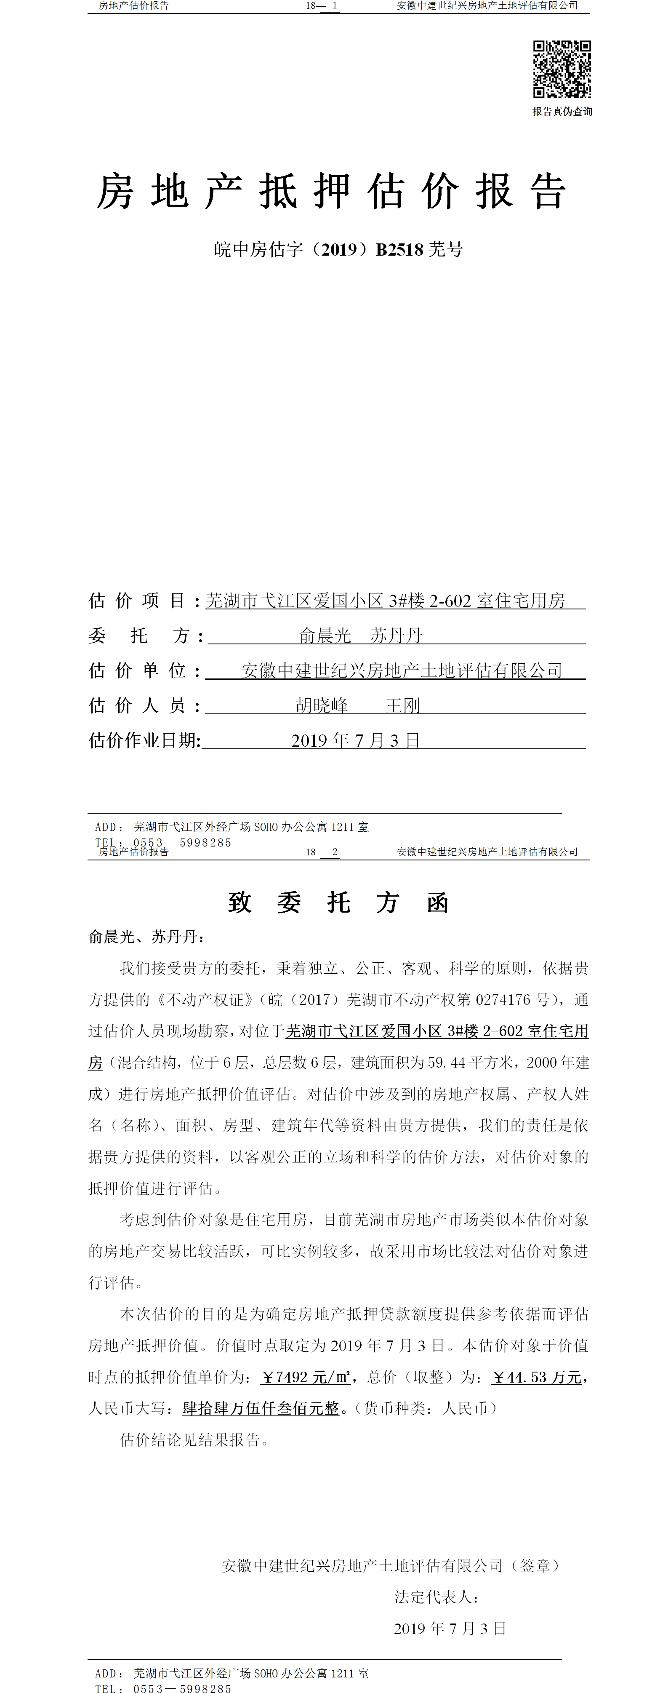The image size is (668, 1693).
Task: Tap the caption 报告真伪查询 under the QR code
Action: [x=562, y=112]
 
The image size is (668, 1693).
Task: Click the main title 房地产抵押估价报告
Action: [x=332, y=192]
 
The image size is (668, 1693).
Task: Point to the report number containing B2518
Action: [x=338, y=250]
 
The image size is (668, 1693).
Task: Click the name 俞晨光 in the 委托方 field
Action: [x=325, y=636]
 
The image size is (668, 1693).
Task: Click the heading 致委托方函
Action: [x=338, y=903]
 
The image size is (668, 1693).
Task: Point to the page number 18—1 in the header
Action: [x=322, y=6]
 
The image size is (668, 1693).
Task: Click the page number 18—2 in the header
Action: [x=322, y=852]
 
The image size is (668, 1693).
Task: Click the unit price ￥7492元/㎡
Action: [x=306, y=1377]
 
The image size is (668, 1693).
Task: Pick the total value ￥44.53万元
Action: [x=537, y=1377]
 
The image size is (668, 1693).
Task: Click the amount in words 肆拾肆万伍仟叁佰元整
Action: [x=261, y=1408]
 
